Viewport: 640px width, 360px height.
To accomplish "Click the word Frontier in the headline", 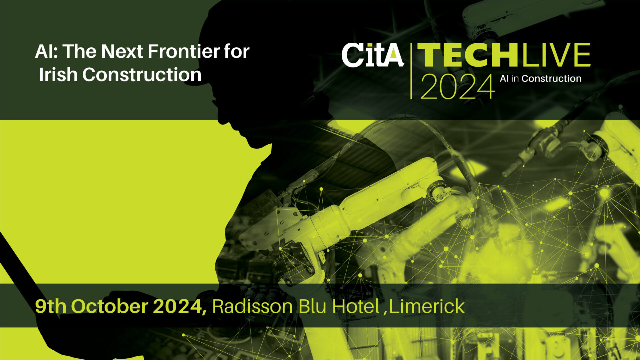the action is pyautogui.click(x=184, y=51).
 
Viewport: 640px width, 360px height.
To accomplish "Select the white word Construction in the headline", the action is pyautogui.click(x=142, y=74).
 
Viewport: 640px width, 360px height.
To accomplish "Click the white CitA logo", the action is pyautogui.click(x=373, y=55).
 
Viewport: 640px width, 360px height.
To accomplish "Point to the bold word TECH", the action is pyautogui.click(x=468, y=55).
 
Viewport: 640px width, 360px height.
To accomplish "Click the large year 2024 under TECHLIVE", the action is pyautogui.click(x=457, y=86).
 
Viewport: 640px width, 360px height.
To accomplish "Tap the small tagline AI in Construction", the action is pyautogui.click(x=541, y=79).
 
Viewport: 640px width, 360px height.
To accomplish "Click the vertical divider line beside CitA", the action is pyautogui.click(x=411, y=71).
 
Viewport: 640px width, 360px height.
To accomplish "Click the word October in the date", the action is pyautogui.click(x=109, y=306).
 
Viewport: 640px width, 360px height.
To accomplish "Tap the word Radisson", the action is pyautogui.click(x=252, y=306).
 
